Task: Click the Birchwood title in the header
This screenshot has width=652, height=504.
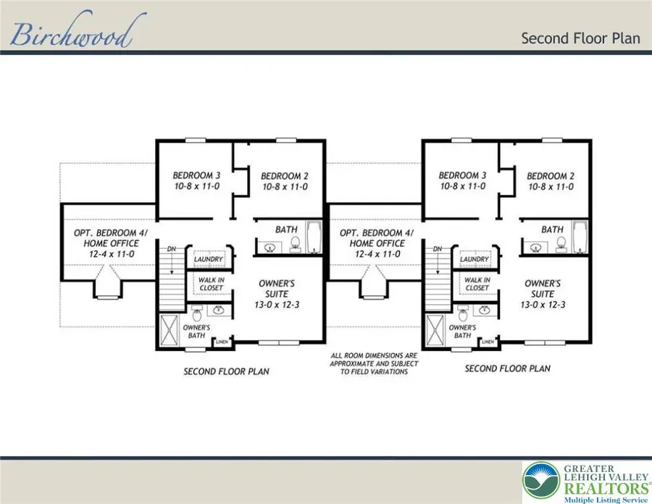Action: (70, 34)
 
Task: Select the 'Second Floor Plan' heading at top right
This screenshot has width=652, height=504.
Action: (580, 38)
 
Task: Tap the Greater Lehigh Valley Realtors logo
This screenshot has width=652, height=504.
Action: (585, 480)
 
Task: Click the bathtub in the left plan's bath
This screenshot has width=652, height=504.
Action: (314, 238)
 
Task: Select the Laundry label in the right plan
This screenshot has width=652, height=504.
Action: (474, 260)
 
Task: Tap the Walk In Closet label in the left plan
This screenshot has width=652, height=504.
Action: (208, 284)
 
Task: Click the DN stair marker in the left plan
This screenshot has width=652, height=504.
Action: (172, 249)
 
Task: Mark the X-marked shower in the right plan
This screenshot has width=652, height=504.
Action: (436, 329)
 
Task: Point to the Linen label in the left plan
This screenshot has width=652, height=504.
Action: (222, 341)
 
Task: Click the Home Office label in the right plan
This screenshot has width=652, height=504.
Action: (371, 244)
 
